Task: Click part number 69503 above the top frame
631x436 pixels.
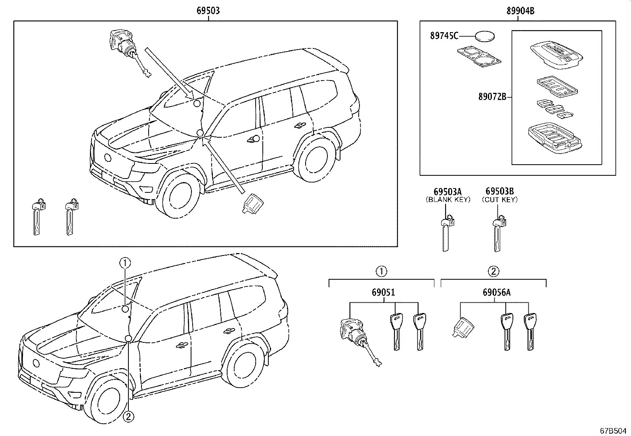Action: (x=208, y=11)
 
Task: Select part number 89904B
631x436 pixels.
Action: (x=520, y=11)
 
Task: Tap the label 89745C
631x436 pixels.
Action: (x=444, y=36)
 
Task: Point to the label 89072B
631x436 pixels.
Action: (x=492, y=96)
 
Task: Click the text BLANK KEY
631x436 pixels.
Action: (x=448, y=200)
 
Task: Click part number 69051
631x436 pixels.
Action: (x=383, y=293)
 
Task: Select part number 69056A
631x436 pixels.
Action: (x=496, y=293)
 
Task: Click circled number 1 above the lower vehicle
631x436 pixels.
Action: (x=125, y=262)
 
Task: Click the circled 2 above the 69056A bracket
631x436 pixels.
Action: (x=493, y=271)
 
